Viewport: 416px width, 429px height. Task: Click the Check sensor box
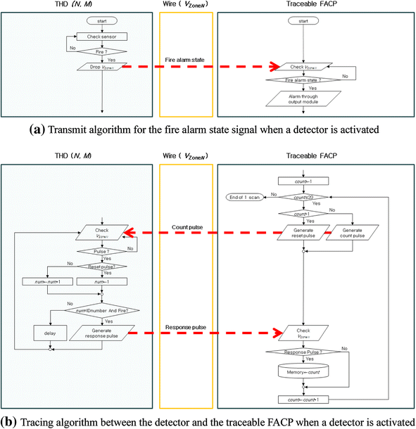click(x=103, y=37)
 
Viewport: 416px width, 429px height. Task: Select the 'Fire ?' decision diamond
click(x=103, y=51)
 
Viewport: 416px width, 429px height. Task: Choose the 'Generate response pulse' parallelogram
click(x=103, y=331)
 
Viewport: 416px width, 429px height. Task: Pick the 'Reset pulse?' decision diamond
click(x=103, y=267)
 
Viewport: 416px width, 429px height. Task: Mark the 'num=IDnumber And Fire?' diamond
click(x=103, y=307)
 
